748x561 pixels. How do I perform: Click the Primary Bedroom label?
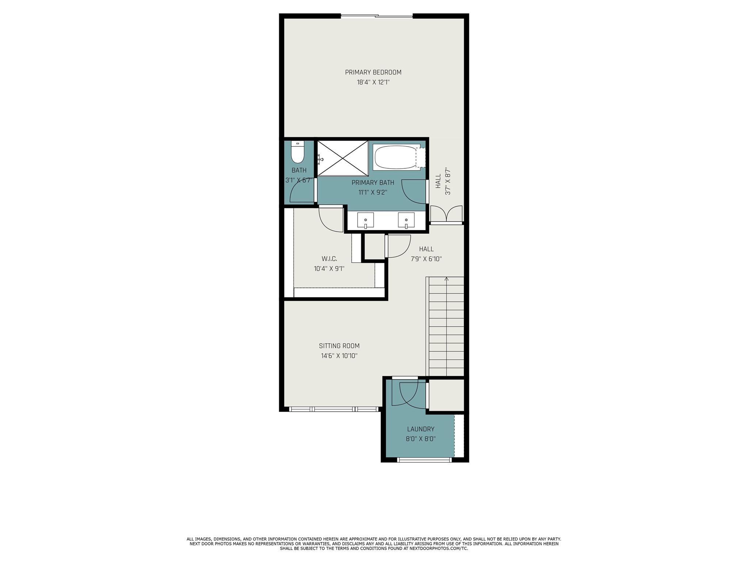point(373,72)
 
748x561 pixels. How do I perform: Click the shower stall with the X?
point(343,158)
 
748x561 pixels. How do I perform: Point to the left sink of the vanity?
point(365,220)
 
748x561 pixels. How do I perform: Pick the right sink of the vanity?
point(406,220)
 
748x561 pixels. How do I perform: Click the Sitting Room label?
point(339,346)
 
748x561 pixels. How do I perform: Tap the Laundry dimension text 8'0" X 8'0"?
point(421,439)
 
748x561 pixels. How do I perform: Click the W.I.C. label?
point(329,259)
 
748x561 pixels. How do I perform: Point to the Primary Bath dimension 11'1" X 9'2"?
point(373,192)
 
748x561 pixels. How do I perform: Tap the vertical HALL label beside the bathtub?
point(438,181)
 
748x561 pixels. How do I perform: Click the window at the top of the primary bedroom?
point(377,16)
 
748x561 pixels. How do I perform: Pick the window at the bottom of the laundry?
point(424,460)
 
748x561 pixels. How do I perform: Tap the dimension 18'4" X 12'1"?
point(373,83)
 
